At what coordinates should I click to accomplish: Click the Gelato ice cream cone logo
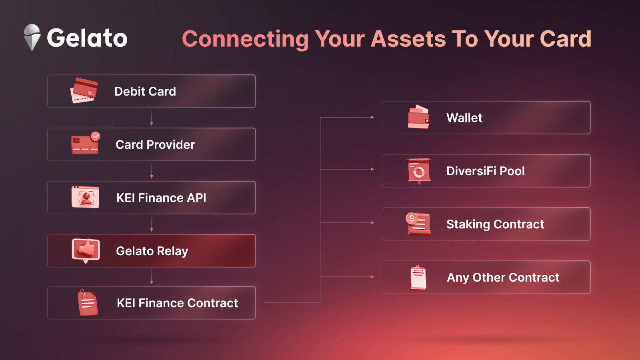(32, 38)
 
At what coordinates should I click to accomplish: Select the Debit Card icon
(84, 90)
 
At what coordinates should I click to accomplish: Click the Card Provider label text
(155, 144)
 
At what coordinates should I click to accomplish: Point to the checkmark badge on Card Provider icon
(96, 136)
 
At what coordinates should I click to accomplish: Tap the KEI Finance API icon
(85, 197)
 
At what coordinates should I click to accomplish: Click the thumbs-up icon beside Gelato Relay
(86, 251)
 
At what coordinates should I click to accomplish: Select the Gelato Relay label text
(152, 251)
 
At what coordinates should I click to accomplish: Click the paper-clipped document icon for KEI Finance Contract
(88, 302)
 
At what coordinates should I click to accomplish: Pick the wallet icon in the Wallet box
(418, 117)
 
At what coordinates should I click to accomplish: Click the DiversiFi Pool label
(486, 171)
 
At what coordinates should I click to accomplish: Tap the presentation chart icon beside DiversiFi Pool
(419, 171)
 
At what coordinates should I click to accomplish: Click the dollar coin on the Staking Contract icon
(412, 218)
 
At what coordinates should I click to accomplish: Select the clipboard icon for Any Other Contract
(418, 278)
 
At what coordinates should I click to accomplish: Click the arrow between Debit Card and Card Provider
(152, 118)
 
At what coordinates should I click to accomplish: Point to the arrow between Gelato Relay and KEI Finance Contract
(152, 277)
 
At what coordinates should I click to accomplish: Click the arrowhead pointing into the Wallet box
(372, 117)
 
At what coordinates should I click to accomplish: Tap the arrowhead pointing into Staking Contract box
(372, 222)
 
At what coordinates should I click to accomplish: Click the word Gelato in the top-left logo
(87, 38)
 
